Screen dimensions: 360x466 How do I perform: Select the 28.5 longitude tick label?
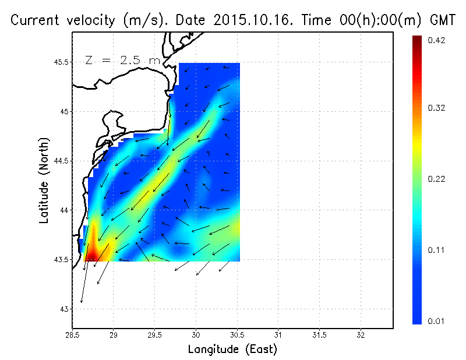[72, 336]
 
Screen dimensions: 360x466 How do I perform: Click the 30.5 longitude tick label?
[237, 336]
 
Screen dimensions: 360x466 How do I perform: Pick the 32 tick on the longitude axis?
[361, 336]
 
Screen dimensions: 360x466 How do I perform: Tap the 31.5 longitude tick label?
[319, 336]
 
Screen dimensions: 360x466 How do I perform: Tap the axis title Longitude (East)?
[232, 350]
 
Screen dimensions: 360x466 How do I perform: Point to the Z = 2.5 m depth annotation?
[122, 60]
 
